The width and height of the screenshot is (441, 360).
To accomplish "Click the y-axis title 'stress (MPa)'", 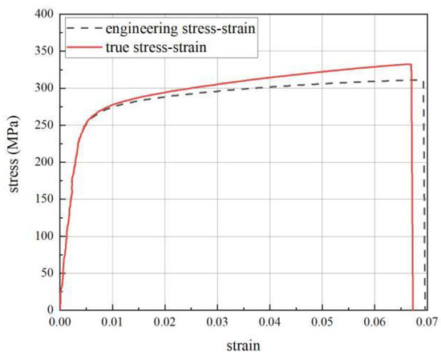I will click(14, 161).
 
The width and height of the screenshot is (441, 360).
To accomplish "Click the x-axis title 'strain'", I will click(242, 346).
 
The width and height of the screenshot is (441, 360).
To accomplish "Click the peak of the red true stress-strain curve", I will click(409, 64).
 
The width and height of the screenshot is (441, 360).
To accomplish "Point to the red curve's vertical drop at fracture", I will click(411, 192).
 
